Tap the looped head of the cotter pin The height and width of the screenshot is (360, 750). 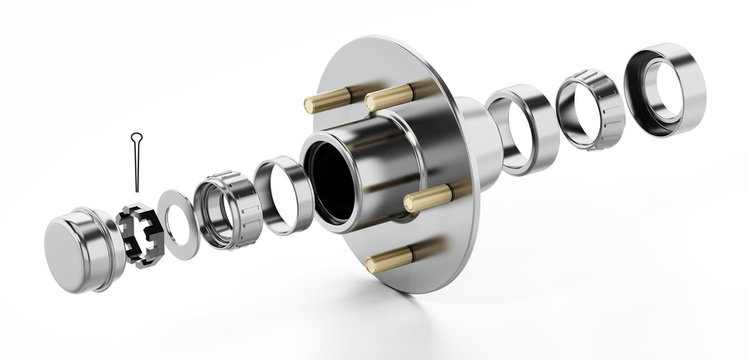pos(134,137)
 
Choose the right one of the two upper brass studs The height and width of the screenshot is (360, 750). pos(391,97)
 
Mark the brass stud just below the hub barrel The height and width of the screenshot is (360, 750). pos(428,199)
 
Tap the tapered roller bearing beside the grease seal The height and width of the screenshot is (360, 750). pos(590,106)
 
